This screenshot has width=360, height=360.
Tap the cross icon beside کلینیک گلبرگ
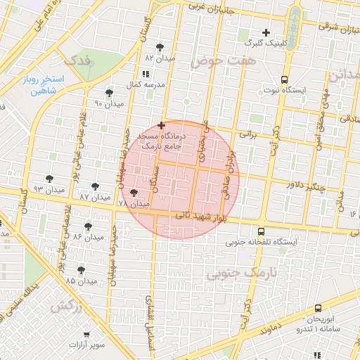(266, 32)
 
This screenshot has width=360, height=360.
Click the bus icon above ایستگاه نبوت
(284, 79)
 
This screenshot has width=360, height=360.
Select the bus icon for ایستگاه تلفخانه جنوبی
(262, 231)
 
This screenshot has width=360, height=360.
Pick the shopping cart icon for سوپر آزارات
(86, 335)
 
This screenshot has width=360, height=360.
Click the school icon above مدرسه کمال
(146, 74)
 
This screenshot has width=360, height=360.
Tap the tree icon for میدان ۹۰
(108, 92)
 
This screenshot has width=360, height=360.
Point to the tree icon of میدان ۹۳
(49, 179)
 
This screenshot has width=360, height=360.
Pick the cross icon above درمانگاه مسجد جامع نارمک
(162, 124)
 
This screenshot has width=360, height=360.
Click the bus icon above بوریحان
(319, 308)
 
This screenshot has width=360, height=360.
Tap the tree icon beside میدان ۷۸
(134, 192)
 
